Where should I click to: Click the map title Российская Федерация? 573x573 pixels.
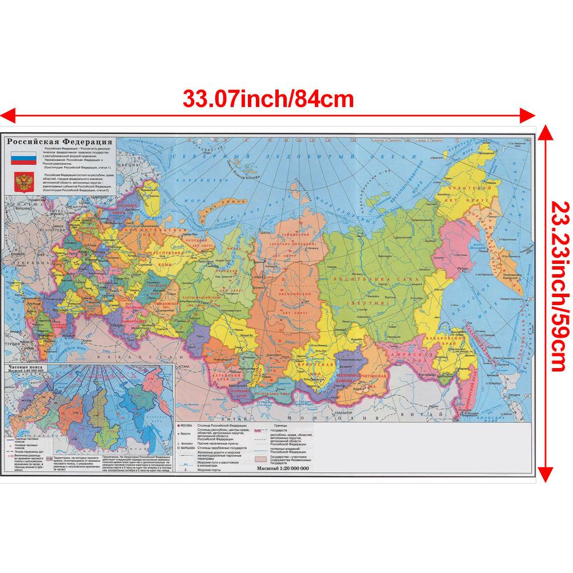coord(58,142)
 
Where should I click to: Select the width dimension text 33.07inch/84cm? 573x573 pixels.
coord(268,98)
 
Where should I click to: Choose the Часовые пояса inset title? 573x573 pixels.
coord(28,369)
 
